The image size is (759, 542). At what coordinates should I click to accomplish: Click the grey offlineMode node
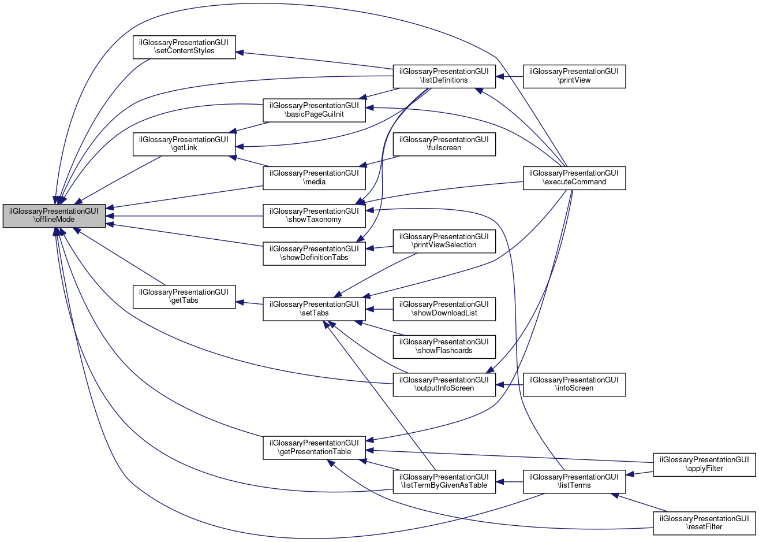pyautogui.click(x=54, y=216)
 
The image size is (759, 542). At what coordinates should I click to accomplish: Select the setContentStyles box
pyautogui.click(x=184, y=47)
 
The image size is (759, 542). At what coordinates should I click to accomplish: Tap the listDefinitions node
pyautogui.click(x=444, y=76)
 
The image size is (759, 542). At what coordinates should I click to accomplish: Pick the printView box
pyautogui.click(x=574, y=76)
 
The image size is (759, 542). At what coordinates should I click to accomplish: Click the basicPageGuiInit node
pyautogui.click(x=314, y=110)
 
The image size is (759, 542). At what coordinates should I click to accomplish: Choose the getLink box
pyautogui.click(x=184, y=143)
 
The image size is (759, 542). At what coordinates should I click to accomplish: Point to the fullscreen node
pyautogui.click(x=444, y=143)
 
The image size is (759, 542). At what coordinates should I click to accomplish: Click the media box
pyautogui.click(x=314, y=177)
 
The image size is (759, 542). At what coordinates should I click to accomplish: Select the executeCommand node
pyautogui.click(x=574, y=177)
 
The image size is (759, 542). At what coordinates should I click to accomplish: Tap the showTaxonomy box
pyautogui.click(x=314, y=216)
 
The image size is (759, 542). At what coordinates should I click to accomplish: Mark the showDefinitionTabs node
pyautogui.click(x=314, y=253)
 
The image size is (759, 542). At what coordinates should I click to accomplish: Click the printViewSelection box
pyautogui.click(x=444, y=240)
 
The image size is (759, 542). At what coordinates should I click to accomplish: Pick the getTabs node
pyautogui.click(x=184, y=296)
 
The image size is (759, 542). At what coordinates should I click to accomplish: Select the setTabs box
pyautogui.click(x=314, y=309)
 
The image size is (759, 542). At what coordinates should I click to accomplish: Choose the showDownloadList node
pyautogui.click(x=444, y=309)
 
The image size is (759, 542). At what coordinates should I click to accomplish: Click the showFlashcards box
pyautogui.click(x=444, y=346)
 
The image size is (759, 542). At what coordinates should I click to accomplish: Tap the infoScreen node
pyautogui.click(x=574, y=384)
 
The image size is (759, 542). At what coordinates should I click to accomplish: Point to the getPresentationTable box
pyautogui.click(x=314, y=447)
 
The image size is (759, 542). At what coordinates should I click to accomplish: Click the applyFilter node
pyautogui.click(x=704, y=464)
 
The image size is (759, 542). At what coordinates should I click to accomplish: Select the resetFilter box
pyautogui.click(x=704, y=522)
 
